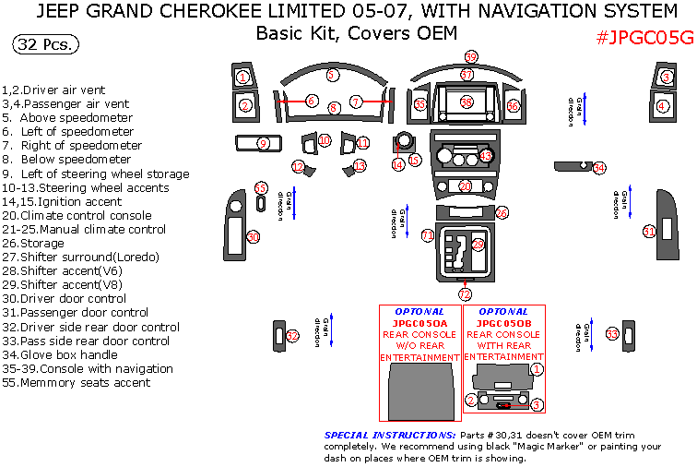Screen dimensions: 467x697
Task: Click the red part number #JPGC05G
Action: (643, 38)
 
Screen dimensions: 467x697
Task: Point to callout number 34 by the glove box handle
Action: (599, 168)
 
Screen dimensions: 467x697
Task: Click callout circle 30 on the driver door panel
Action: (253, 237)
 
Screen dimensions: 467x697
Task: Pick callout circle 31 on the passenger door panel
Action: (650, 232)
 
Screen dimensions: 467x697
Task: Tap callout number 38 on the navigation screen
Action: (467, 102)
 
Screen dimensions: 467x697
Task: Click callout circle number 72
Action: (465, 294)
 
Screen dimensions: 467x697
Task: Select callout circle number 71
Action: (428, 236)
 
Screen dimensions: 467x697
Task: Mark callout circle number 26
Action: (502, 213)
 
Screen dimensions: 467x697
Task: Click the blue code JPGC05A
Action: (419, 324)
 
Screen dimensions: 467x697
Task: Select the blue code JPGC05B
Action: (503, 324)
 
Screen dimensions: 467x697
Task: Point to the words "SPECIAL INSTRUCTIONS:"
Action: (390, 435)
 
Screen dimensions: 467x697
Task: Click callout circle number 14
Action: (397, 164)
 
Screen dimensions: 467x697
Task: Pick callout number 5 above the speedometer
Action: (334, 74)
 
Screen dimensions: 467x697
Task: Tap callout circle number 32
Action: (292, 335)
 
